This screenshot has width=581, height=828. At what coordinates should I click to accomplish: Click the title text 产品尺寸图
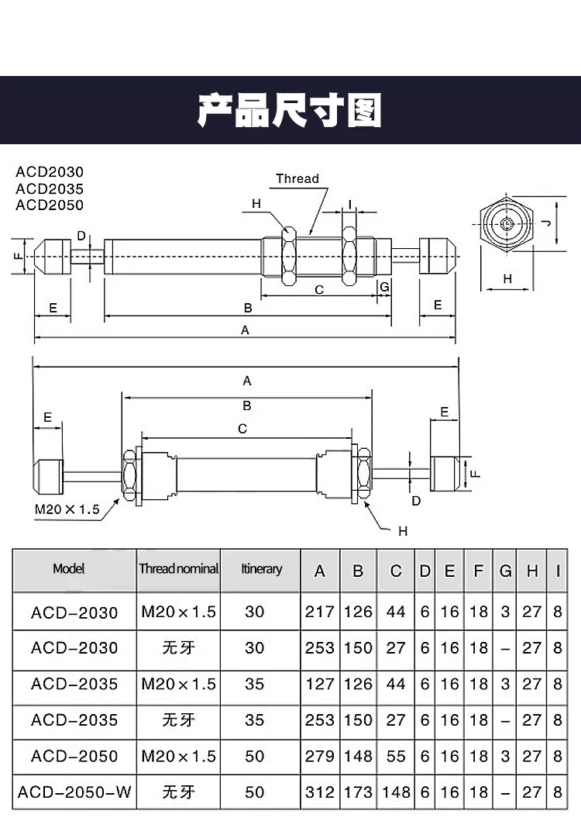[x=290, y=111]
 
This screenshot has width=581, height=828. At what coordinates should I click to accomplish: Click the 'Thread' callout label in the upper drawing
[x=297, y=178]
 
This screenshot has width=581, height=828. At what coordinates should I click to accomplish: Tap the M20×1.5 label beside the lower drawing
[x=68, y=509]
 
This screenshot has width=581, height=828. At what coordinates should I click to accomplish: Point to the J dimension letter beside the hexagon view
[x=545, y=223]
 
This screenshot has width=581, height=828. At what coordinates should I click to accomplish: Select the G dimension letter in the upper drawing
[x=384, y=287]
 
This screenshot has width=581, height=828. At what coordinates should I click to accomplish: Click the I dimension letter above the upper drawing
[x=350, y=205]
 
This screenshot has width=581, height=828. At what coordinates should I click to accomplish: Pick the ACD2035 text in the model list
[x=50, y=188]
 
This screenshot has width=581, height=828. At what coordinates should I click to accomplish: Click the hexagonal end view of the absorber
[x=506, y=224]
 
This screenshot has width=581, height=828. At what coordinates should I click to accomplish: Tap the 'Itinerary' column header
[x=261, y=569]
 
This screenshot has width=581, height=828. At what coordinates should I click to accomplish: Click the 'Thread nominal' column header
[x=179, y=569]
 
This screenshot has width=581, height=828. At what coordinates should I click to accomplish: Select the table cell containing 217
[x=319, y=612]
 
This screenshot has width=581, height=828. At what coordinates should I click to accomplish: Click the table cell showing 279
[x=319, y=756]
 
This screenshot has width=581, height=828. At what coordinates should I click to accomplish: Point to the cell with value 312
[x=319, y=792]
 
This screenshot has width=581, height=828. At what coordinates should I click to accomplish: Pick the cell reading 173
[x=358, y=792]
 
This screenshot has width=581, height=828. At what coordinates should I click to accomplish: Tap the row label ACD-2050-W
[x=74, y=792]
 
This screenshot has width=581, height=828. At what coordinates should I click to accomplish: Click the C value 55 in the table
[x=396, y=756]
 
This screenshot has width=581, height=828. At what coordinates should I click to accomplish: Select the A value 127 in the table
[x=319, y=684]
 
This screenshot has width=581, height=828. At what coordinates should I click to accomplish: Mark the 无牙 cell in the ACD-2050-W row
[x=179, y=792]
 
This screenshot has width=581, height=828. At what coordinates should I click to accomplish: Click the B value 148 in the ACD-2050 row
[x=358, y=756]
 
